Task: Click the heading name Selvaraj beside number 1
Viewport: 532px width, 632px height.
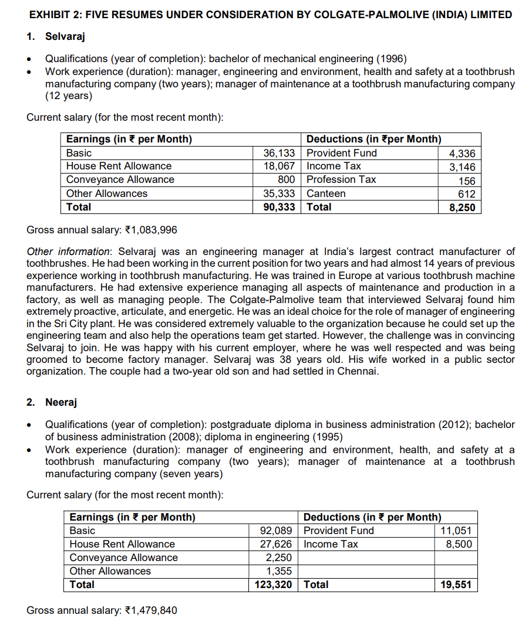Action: point(65,37)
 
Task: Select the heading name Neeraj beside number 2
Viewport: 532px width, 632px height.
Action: point(61,402)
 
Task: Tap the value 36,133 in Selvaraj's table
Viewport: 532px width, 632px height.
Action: point(279,153)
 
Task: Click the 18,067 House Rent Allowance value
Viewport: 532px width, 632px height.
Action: point(279,167)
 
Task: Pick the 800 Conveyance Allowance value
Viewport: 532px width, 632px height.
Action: point(287,180)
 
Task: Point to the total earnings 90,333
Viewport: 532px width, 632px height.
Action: point(279,207)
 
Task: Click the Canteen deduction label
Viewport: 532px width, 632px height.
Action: point(326,193)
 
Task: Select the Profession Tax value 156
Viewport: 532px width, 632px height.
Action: point(466,181)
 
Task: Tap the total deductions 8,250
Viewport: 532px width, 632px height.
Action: point(462,208)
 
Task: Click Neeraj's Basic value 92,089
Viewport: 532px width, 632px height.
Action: point(276,531)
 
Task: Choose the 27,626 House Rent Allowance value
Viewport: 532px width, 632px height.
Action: point(276,545)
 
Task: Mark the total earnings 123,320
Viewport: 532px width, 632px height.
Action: point(274,585)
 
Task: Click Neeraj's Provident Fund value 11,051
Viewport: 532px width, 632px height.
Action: point(456,531)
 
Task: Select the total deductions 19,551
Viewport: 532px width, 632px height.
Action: point(456,585)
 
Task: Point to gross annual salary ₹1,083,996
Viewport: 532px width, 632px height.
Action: point(151,230)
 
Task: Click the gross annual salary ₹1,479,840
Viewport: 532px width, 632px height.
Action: point(151,611)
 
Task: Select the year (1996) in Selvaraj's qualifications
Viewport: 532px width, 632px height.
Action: point(391,59)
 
